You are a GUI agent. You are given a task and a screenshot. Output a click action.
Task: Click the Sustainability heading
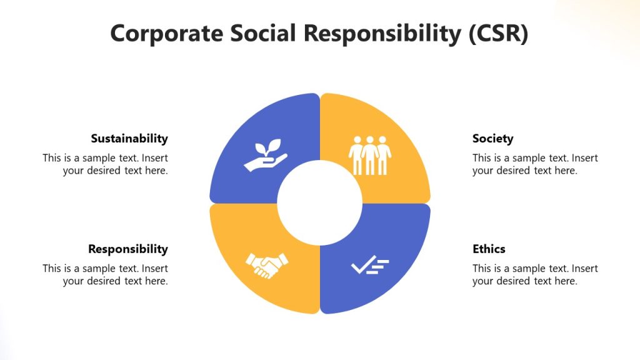tap(129, 139)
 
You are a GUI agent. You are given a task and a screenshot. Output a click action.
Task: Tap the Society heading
tap(492, 139)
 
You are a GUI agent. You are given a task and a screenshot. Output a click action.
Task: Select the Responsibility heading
tap(128, 249)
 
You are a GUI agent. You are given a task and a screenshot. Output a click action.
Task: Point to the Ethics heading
tap(489, 249)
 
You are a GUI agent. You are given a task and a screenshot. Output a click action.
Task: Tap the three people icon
tap(369, 155)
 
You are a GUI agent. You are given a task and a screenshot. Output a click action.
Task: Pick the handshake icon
tap(267, 266)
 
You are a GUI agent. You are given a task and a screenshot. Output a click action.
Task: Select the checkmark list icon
tap(370, 266)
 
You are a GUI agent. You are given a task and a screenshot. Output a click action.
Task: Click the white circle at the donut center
tap(320, 203)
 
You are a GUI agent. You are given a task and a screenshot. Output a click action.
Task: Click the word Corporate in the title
tap(163, 33)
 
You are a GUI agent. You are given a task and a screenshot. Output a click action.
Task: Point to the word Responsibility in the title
tap(384, 33)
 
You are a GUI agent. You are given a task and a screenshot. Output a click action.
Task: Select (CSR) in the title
tap(498, 33)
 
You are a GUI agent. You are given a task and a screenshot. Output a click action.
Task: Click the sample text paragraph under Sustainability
tap(106, 164)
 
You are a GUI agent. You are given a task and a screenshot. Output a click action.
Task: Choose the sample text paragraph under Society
tap(535, 164)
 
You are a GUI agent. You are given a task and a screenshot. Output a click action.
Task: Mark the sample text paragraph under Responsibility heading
tap(106, 274)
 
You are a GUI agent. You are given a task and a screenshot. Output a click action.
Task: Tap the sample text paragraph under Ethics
tap(535, 274)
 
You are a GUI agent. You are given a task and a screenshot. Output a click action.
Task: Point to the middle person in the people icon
tap(370, 155)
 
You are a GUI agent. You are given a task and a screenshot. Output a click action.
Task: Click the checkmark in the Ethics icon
tap(361, 267)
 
